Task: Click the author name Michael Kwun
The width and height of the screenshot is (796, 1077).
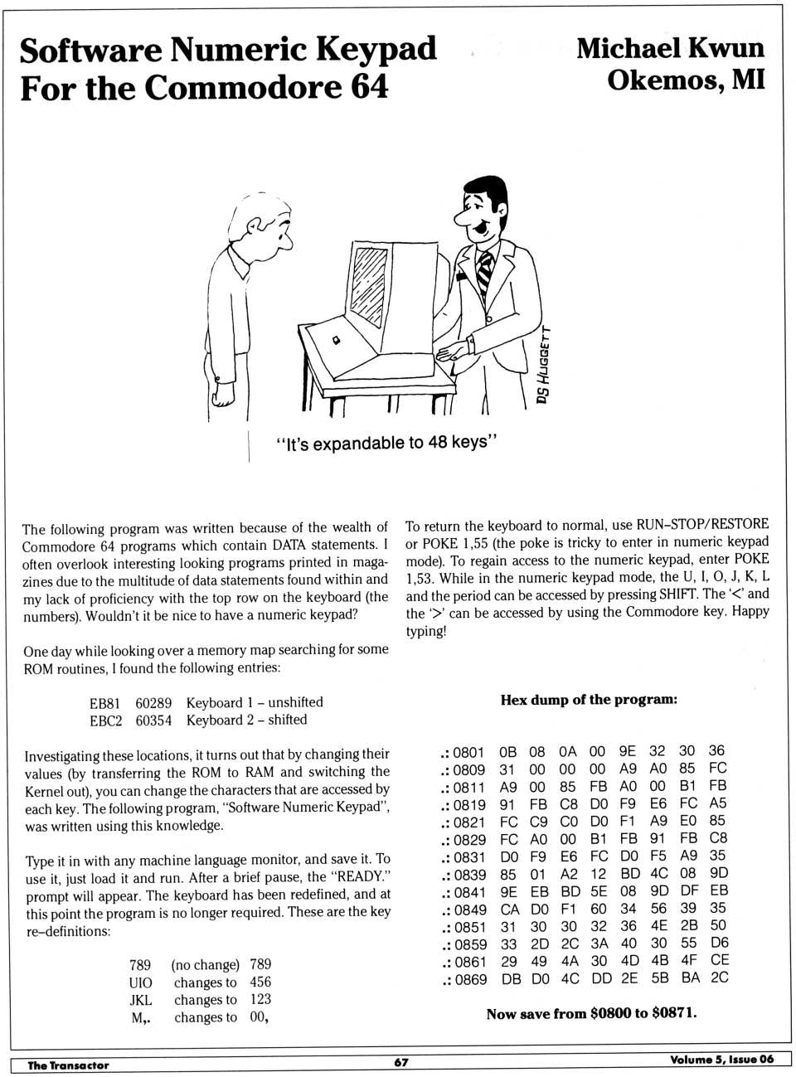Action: (x=670, y=48)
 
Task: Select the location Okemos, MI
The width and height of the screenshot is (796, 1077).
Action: (x=686, y=80)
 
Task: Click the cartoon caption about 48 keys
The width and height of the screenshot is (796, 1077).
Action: (x=386, y=443)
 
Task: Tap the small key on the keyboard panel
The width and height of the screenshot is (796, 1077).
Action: (x=337, y=341)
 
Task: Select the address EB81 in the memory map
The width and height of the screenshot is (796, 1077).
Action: (x=104, y=703)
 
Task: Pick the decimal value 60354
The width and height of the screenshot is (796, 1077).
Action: (x=153, y=720)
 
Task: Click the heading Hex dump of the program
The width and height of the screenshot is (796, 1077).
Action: (x=589, y=700)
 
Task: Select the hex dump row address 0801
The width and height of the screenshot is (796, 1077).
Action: (x=468, y=752)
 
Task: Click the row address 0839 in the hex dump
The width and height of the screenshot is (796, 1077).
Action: (x=469, y=875)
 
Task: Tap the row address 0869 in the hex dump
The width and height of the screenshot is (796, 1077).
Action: (x=470, y=979)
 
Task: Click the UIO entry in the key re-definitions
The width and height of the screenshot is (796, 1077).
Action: (x=140, y=982)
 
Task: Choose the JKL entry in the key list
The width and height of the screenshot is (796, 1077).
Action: (x=141, y=1000)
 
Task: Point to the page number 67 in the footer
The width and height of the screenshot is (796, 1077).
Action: (x=401, y=1062)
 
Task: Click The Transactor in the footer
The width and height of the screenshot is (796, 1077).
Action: (x=68, y=1065)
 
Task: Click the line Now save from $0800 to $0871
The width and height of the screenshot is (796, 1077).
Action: (x=591, y=1013)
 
